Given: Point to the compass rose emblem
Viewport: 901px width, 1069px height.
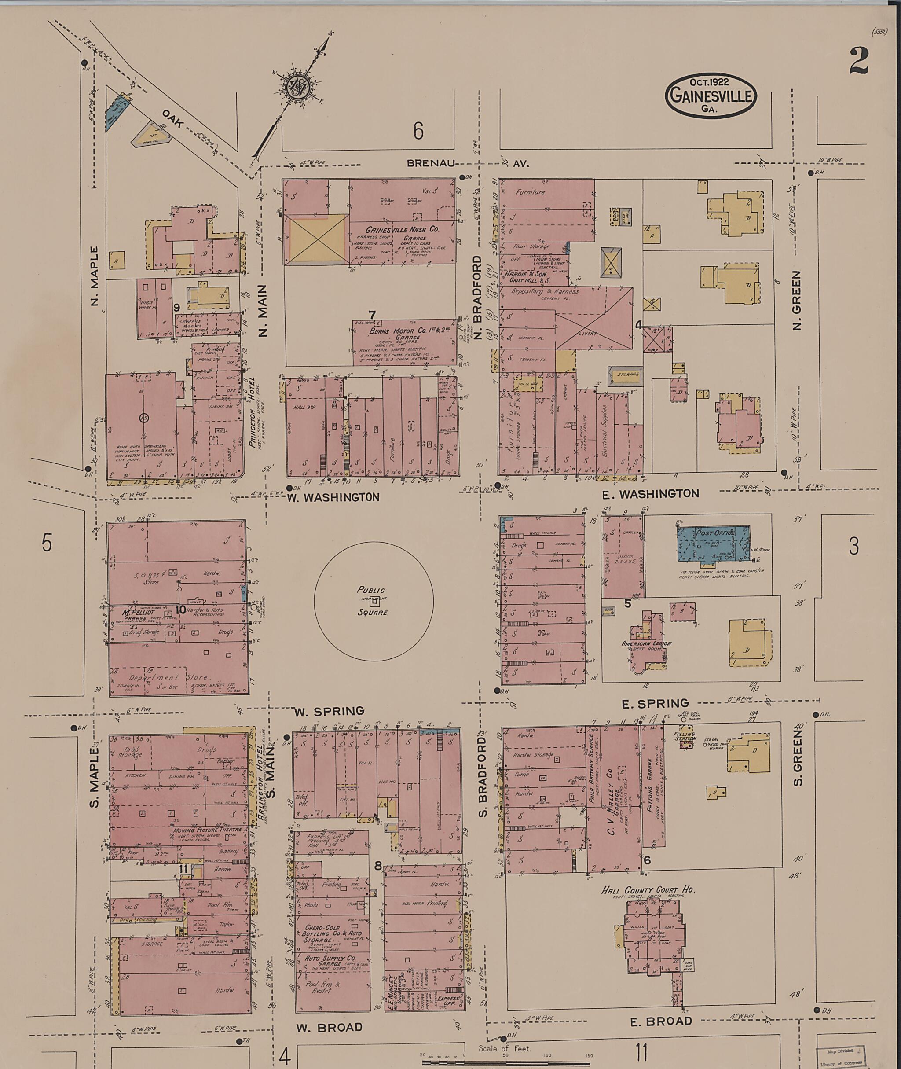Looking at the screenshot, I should (x=296, y=89).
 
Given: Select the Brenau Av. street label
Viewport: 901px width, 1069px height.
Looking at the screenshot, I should (x=468, y=164).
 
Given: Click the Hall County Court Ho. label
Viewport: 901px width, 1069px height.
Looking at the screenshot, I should (x=648, y=889).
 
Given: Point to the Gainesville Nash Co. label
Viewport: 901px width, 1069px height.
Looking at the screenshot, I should (x=402, y=229).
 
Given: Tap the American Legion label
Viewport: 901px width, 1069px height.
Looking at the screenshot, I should (x=646, y=643).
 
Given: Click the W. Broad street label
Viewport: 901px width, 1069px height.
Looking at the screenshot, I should (x=330, y=1027).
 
